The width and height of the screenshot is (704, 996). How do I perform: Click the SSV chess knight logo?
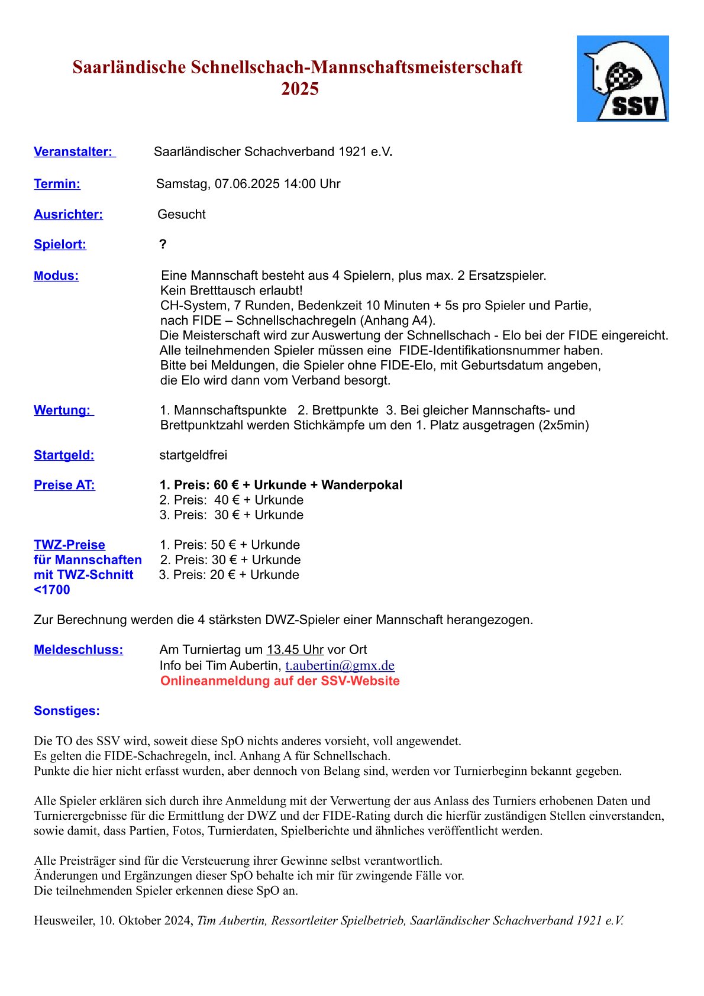coord(622,79)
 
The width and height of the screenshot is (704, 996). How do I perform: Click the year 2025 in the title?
coord(300,89)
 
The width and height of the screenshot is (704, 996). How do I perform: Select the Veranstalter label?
coord(74,151)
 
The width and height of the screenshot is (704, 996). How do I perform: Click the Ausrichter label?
coord(68,214)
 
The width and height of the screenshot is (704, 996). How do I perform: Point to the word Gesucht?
coord(182,214)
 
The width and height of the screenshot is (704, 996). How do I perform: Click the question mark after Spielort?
coord(163,244)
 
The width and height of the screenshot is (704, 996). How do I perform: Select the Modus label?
coord(56,276)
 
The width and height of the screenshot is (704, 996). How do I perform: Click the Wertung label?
coord(63,410)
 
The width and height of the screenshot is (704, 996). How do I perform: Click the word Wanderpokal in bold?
coord(361,485)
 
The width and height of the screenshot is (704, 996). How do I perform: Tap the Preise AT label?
coord(64,485)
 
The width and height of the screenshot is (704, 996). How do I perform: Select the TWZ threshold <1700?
coord(52,590)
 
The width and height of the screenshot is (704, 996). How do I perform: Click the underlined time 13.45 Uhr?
coord(295,649)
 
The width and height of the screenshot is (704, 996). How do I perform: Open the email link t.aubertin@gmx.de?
coord(340,665)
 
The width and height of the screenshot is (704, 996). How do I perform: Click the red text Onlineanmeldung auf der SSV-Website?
coord(280,681)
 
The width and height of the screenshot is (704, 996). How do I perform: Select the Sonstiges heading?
coord(67,711)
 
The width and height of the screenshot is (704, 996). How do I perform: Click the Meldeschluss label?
coord(78,649)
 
